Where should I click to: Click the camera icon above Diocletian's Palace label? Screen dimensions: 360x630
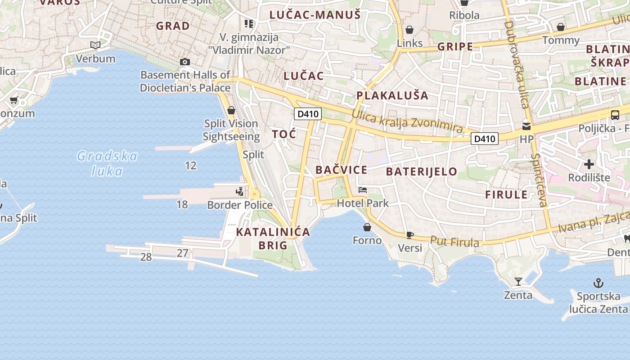point(184,62)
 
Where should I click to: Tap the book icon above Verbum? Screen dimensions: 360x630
point(95,45)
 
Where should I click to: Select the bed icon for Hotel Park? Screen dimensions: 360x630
point(363,190)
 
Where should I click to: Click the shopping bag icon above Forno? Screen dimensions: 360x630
point(367,227)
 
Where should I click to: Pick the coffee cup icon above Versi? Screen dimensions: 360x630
point(409,234)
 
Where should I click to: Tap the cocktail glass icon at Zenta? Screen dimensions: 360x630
point(518,282)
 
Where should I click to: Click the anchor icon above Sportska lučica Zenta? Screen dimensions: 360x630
point(598,283)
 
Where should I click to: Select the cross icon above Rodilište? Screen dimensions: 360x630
point(589,164)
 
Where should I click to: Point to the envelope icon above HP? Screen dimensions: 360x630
point(526,126)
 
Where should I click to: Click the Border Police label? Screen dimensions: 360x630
point(240,205)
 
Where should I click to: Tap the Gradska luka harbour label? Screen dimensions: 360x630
point(107,163)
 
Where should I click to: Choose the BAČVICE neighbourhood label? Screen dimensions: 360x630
point(341,170)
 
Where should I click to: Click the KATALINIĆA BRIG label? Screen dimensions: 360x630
point(273,238)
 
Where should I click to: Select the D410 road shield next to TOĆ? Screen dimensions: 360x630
point(308,114)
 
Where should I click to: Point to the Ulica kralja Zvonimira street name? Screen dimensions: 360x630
point(407,121)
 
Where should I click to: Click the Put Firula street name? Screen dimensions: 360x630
point(454,242)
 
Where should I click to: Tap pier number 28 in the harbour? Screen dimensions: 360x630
point(146,257)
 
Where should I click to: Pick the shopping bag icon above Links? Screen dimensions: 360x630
point(409,30)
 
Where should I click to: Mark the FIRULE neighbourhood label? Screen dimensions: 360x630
point(506,195)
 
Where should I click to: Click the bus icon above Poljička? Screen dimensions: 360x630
point(615,115)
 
